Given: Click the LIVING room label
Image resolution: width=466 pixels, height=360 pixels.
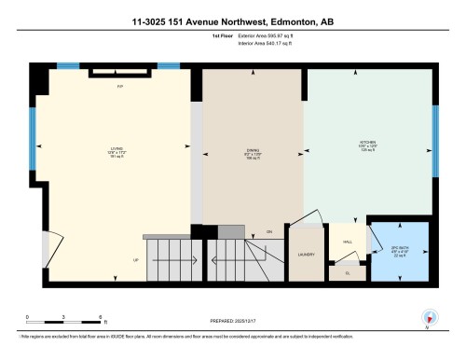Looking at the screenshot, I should (117, 147).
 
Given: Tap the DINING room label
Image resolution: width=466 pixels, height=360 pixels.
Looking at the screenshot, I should (251, 151).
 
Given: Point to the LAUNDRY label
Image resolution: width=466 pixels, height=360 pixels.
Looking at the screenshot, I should (305, 254).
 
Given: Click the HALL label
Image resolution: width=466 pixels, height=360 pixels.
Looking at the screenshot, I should (348, 241).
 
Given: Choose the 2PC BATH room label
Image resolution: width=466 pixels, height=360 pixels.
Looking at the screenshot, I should (400, 248).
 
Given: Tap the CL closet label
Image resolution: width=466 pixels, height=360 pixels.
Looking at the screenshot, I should (347, 272).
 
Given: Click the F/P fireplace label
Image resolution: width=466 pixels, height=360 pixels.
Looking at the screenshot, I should (119, 87).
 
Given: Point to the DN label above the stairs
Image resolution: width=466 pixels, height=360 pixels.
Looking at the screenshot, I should (269, 230).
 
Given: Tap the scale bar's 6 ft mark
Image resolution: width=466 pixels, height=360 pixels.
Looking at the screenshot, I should (100, 318).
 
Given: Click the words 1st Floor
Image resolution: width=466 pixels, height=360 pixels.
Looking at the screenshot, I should (197, 36).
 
